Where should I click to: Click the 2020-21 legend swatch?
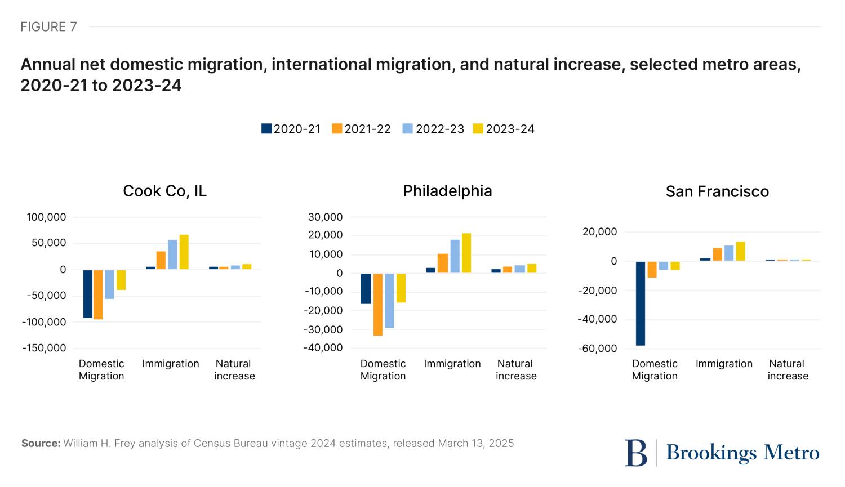pos(266,129)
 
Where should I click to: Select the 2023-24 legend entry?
pos(510,129)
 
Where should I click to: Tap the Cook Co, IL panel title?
pos(164,191)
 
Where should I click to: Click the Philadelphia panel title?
pos(447,191)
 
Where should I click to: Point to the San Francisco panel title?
pos(717,192)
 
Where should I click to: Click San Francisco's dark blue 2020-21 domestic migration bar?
pos(641,303)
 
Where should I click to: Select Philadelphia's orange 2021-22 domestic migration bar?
pos(378,305)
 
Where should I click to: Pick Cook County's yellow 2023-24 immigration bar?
pos(184,252)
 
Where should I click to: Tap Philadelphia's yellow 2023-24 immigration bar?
pos(466,253)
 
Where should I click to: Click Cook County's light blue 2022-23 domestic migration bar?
pos(109,284)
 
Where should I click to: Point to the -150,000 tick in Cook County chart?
pos(44,348)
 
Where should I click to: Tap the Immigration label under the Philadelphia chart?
pos(452,364)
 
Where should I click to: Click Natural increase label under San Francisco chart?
pos(788,370)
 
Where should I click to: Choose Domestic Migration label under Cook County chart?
pos(101,370)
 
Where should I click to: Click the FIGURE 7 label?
pos(48,26)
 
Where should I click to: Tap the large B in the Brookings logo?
pos(636,453)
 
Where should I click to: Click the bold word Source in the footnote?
pos(41,443)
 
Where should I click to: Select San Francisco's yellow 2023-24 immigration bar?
pos(741,251)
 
